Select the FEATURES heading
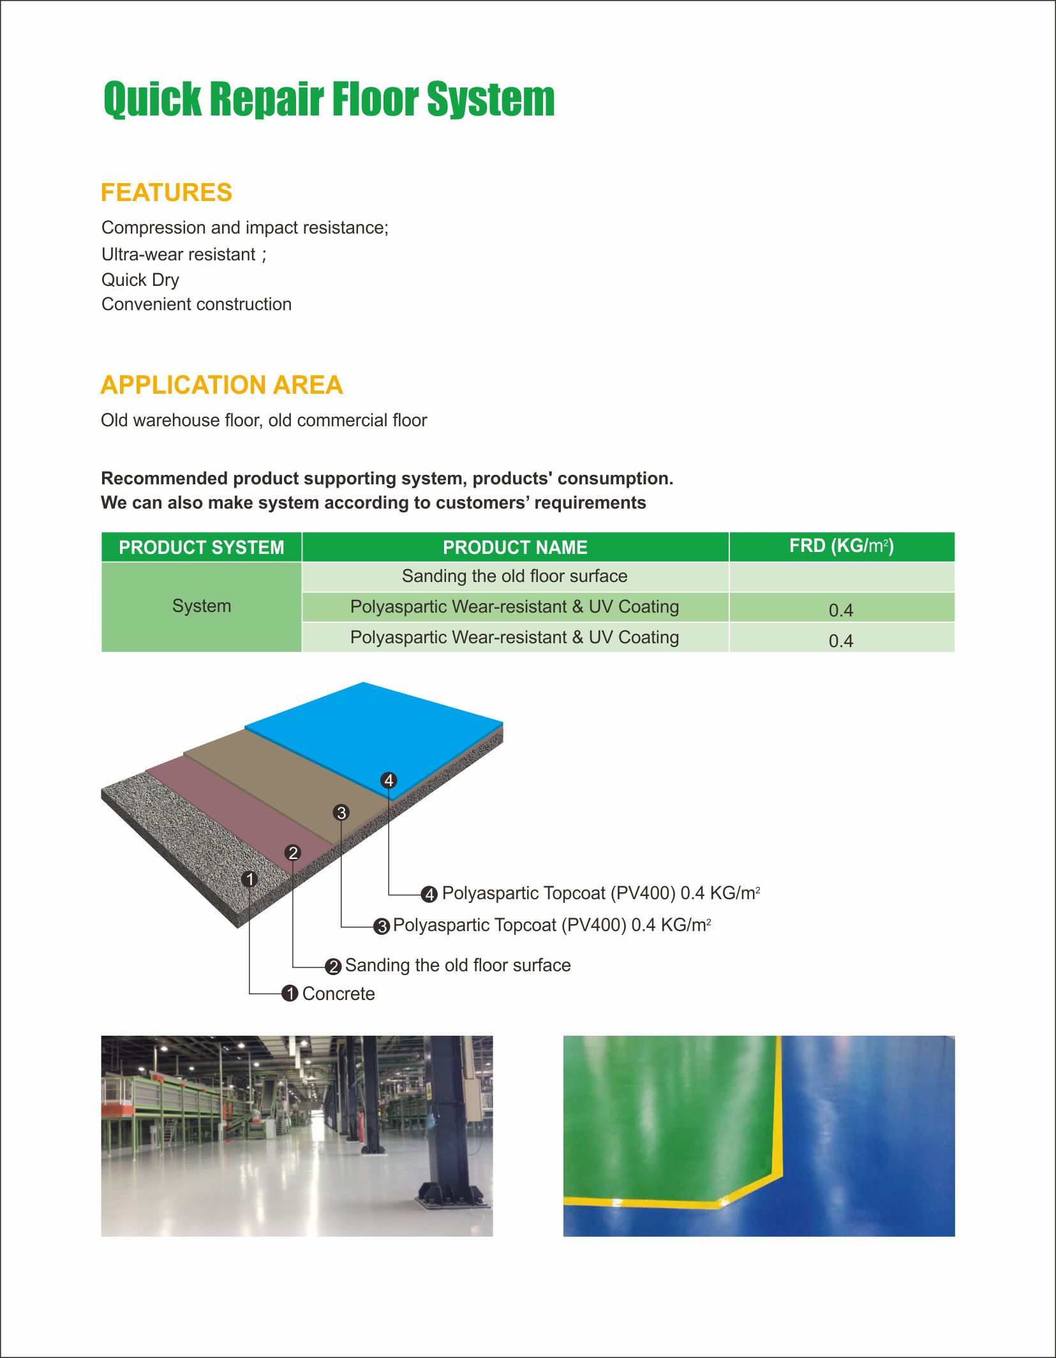click(167, 193)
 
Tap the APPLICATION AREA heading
click(221, 385)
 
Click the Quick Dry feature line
click(140, 280)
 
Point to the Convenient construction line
click(197, 304)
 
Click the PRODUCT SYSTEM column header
click(201, 548)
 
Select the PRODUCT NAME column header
click(515, 548)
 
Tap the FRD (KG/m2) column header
click(841, 546)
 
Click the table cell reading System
click(201, 606)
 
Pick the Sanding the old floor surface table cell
click(514, 576)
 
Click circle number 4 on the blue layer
click(389, 780)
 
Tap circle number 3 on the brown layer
click(341, 812)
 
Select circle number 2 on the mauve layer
click(293, 853)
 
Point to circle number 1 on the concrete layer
click(249, 879)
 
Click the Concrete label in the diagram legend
click(338, 994)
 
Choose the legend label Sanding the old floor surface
click(457, 965)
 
